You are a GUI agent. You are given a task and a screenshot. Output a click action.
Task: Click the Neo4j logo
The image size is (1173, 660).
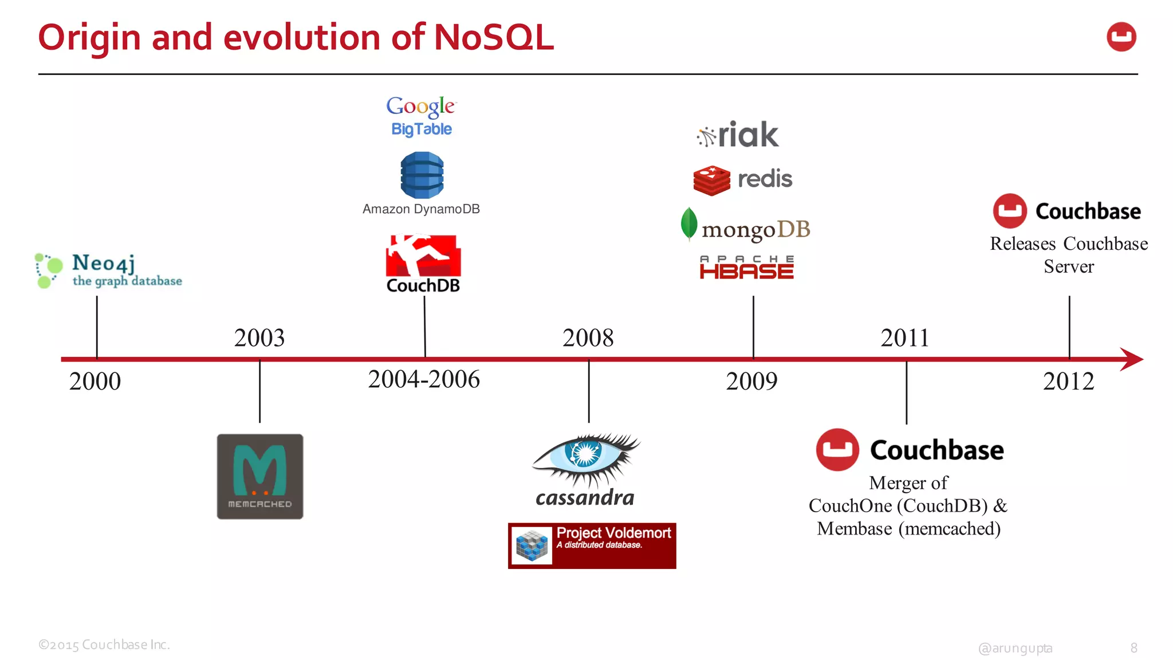(108, 270)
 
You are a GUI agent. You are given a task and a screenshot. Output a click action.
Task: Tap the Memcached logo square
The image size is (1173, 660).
(260, 477)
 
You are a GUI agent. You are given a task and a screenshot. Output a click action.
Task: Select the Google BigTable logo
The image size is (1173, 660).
(422, 116)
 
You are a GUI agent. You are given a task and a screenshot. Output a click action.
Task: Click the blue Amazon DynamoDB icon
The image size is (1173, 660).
(422, 175)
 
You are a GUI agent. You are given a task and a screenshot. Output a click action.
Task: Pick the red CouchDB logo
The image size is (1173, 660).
(423, 264)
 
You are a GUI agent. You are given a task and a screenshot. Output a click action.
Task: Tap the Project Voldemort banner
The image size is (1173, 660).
(592, 545)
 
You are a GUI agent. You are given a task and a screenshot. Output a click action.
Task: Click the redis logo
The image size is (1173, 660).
(743, 180)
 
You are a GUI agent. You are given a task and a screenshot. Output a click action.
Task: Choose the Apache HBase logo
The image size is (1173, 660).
(747, 268)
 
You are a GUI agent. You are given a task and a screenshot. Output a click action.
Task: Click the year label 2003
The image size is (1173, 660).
(259, 338)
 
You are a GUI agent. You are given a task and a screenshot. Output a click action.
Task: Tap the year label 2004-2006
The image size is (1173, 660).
(424, 379)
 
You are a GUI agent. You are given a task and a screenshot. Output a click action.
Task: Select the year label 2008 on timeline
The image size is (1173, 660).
(588, 338)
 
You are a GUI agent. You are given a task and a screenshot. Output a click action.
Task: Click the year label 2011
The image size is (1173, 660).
(905, 338)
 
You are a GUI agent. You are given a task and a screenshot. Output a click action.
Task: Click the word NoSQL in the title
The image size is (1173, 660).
(494, 38)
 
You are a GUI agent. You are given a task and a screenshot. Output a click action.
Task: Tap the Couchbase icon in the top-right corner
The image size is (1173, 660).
(1121, 37)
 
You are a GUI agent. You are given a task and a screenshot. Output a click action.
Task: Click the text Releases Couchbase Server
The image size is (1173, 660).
(1069, 255)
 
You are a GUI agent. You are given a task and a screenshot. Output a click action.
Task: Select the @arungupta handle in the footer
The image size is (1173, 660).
(1015, 648)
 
